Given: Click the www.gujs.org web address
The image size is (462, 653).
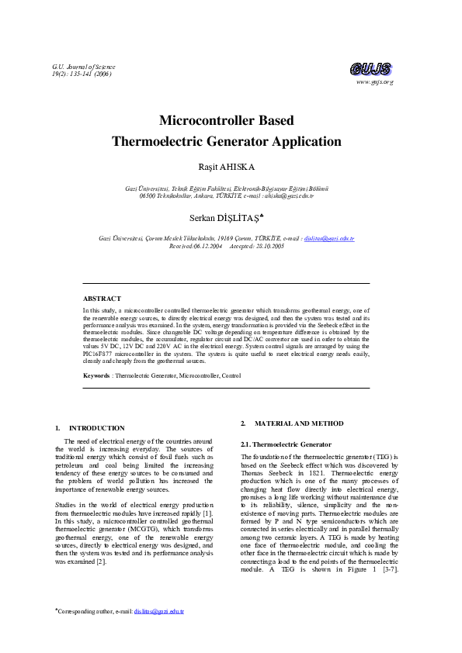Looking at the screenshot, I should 374,81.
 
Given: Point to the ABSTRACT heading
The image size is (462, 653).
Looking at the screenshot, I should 102,298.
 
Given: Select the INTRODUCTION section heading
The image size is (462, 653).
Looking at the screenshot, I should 96,427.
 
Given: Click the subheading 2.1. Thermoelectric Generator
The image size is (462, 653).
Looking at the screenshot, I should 286,444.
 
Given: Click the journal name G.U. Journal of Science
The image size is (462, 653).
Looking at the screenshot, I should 83,67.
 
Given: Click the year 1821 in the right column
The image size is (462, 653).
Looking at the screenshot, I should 310,472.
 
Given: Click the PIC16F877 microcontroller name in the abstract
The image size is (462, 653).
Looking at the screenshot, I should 102,347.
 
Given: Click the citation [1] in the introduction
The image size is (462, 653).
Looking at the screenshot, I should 207,513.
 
